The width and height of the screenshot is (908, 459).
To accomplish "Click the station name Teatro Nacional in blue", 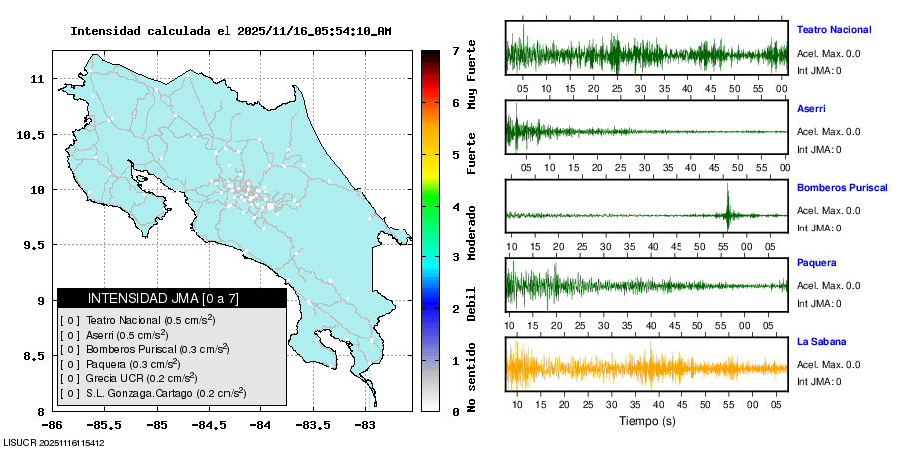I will (834, 30).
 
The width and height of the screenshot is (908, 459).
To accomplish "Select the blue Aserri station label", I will (811, 108).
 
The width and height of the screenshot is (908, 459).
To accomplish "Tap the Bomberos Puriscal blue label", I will (843, 187).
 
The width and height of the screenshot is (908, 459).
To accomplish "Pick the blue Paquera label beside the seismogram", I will (816, 263).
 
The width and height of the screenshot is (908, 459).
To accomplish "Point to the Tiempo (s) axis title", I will (646, 421).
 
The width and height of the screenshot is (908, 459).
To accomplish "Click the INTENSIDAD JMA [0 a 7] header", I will (171, 298).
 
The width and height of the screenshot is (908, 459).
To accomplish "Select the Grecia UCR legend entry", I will (140, 378).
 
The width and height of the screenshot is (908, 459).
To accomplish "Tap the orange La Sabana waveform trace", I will (646, 367).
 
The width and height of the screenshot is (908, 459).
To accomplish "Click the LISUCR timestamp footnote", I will (55, 442).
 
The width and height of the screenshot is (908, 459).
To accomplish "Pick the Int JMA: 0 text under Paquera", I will (819, 304).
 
